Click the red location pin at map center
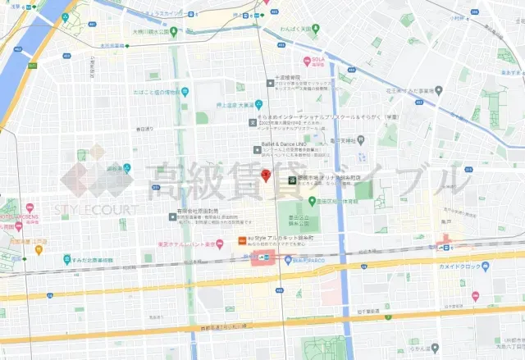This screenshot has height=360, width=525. (265, 175)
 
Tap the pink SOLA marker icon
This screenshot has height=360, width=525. (306, 60)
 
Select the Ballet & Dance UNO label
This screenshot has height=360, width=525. (284, 142)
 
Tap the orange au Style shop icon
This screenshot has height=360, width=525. (240, 239)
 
